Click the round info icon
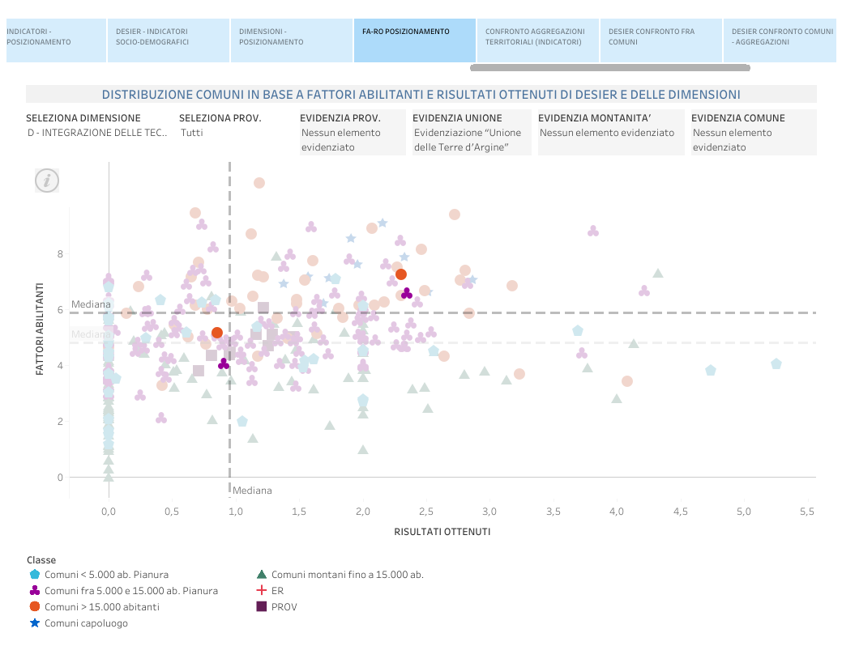click(x=47, y=181)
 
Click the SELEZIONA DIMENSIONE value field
click(x=96, y=133)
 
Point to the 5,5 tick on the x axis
click(x=807, y=512)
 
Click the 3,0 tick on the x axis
click(x=489, y=512)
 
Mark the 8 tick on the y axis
click(x=60, y=254)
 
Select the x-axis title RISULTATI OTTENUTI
click(x=442, y=532)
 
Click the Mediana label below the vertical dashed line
click(x=252, y=491)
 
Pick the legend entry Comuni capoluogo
click(x=86, y=623)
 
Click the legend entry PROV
click(x=284, y=606)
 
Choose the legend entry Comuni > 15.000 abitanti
click(x=101, y=607)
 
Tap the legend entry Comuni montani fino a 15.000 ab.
click(x=347, y=575)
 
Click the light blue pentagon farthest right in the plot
click(x=776, y=364)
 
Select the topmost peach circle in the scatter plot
click(x=259, y=183)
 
